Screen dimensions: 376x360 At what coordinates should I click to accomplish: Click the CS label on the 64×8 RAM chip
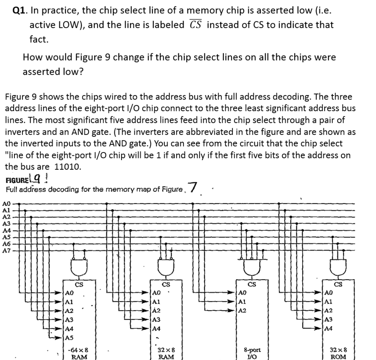point(79,284)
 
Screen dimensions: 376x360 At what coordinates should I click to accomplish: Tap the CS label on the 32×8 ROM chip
point(338,284)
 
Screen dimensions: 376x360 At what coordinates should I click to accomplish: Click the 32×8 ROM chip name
point(338,353)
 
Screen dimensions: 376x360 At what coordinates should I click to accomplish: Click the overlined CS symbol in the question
point(195,24)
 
